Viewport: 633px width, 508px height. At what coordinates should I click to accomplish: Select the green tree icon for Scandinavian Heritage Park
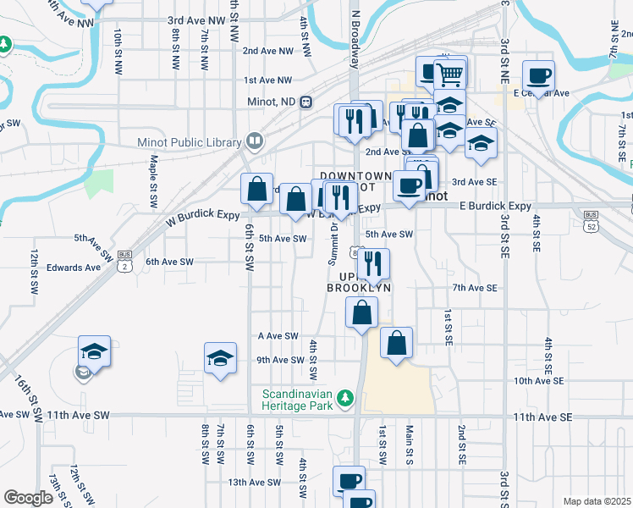(x=344, y=397)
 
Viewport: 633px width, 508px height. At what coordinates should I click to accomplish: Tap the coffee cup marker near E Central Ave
(x=538, y=76)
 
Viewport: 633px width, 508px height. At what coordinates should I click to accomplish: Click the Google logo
(x=28, y=498)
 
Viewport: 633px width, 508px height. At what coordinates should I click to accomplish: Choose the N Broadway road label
(x=355, y=41)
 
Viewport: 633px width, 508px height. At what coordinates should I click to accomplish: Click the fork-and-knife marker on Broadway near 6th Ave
(x=372, y=264)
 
